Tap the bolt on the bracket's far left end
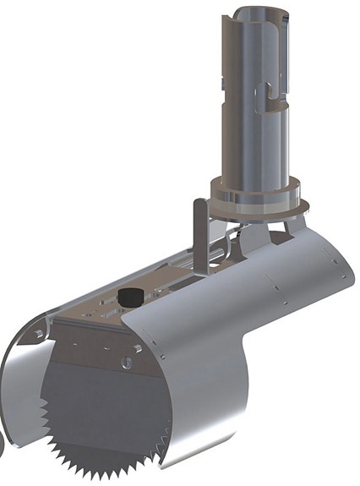coord(40,336)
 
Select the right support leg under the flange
coord(291,226)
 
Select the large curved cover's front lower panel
coord(211,397)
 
